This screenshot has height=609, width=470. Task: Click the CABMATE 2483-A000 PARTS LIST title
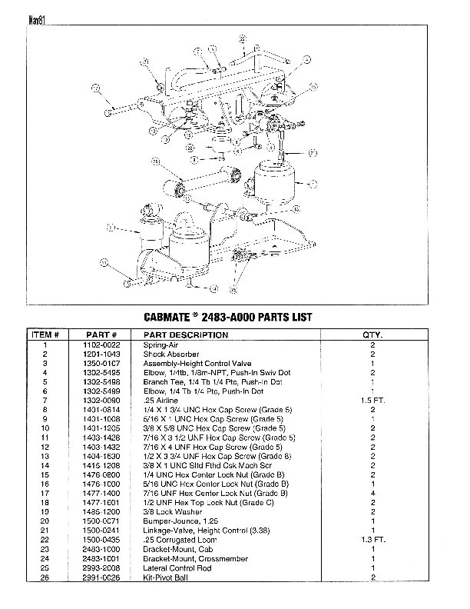pos(227,317)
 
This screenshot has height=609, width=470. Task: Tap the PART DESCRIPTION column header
pos(180,335)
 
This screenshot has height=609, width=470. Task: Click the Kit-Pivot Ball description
pos(162,577)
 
